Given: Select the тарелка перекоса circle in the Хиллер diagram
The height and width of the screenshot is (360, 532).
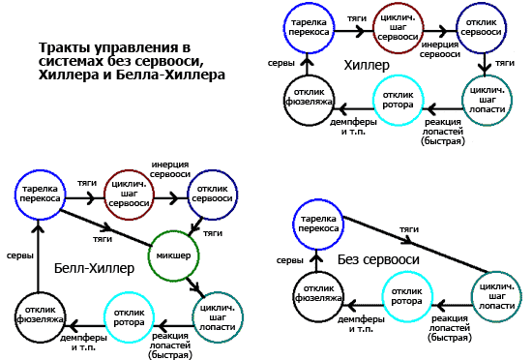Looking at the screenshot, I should [x=306, y=29].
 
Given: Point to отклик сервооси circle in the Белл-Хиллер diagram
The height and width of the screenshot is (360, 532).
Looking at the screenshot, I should [x=213, y=195].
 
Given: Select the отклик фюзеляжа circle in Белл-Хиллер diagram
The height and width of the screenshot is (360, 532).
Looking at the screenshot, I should [x=40, y=315].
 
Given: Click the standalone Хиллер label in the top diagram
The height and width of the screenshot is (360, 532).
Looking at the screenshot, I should [x=367, y=66].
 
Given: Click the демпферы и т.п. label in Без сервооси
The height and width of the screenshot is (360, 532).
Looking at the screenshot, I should [x=362, y=322].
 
